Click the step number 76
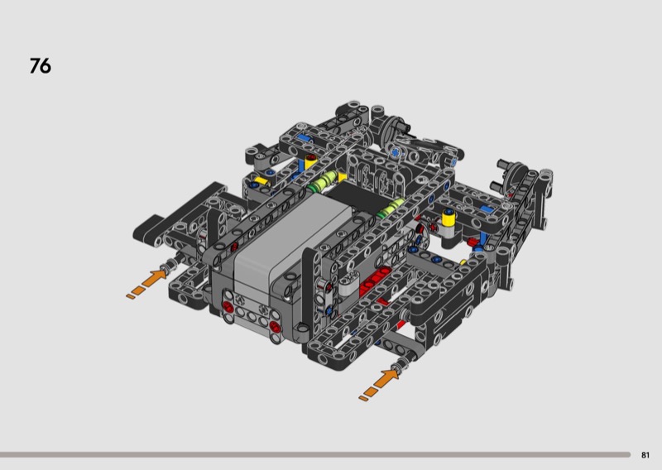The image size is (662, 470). tap(40, 66)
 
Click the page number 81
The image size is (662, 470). tap(645, 455)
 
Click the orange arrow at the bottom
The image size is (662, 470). tap(379, 384)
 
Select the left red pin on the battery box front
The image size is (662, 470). tap(228, 306)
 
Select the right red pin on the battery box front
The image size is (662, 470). tap(275, 325)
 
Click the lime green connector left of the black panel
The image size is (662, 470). tap(323, 181)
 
